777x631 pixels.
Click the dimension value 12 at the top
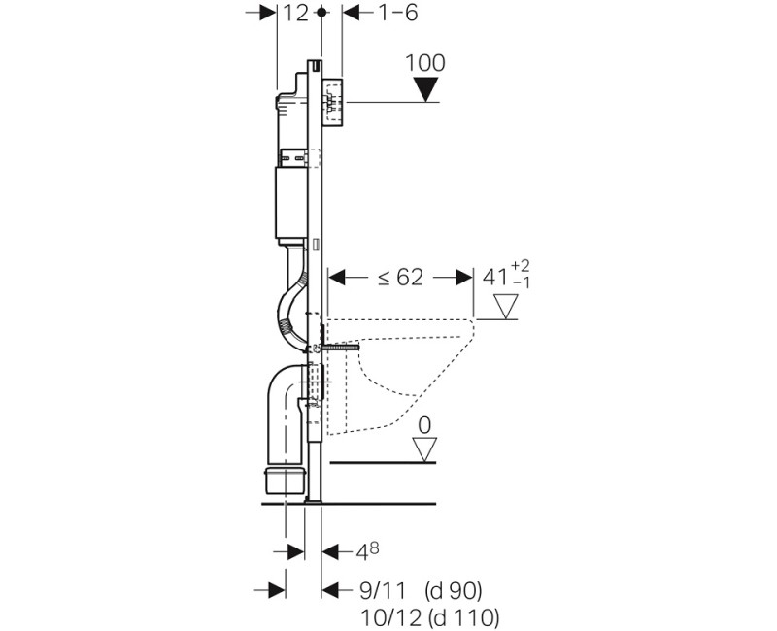point(296,13)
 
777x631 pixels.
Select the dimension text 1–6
point(398,13)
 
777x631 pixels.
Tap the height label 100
point(425,63)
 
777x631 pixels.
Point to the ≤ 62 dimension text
point(400,278)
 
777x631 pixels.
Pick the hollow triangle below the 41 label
point(506,306)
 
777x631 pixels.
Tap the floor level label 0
point(424,425)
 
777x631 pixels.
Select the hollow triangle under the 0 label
point(424,449)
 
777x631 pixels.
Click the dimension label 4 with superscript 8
point(368,551)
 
